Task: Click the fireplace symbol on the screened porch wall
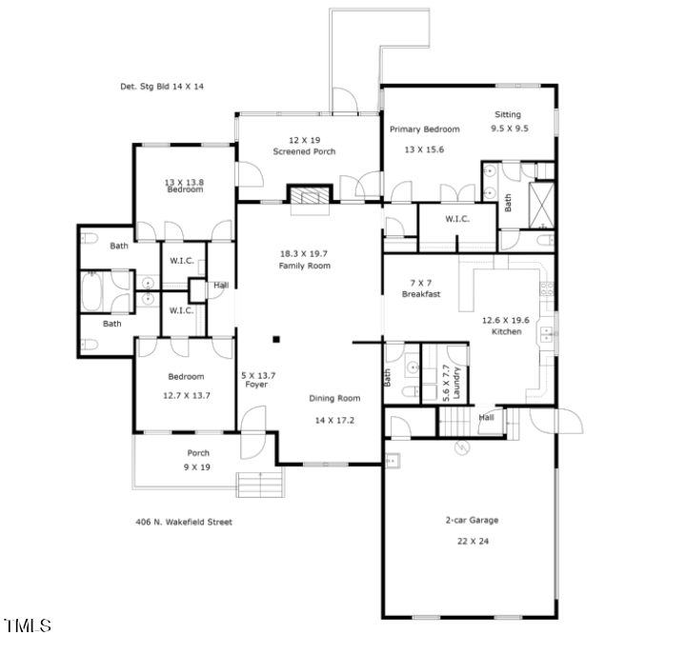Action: tap(309, 195)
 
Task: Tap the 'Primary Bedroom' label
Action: tap(424, 129)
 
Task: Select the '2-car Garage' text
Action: tap(472, 520)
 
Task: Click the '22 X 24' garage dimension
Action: tap(472, 540)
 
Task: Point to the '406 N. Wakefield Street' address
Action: tap(184, 522)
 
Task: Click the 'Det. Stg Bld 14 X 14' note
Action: tap(162, 87)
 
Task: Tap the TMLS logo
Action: tap(28, 625)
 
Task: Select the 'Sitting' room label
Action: tap(507, 115)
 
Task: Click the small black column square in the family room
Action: tap(276, 338)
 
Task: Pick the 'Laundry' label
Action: tap(457, 383)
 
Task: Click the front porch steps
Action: tap(258, 483)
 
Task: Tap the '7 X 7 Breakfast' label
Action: tap(420, 289)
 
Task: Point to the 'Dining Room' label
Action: tap(334, 399)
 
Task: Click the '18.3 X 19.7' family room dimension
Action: tap(304, 253)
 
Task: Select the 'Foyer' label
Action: tap(256, 385)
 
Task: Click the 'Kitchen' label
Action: tap(506, 331)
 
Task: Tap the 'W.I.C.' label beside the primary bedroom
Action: tap(457, 220)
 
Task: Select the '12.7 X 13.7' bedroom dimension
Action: tap(187, 394)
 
